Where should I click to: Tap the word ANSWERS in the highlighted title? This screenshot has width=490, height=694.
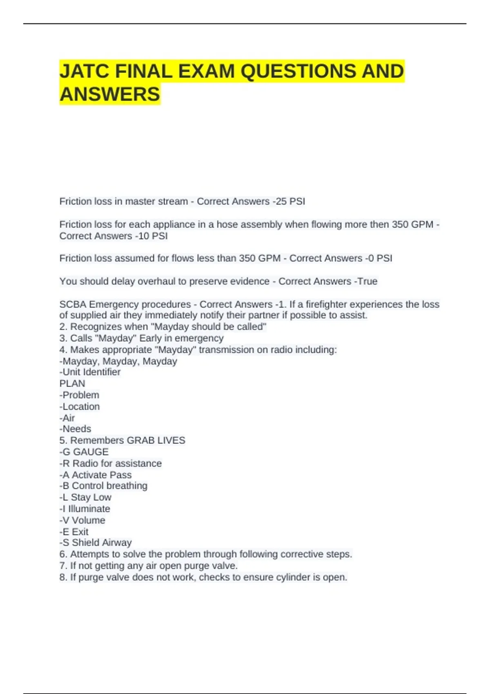110,94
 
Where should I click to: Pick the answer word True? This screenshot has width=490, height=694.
367,281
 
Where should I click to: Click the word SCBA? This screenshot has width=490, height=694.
73,304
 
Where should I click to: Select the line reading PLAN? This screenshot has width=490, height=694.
72,383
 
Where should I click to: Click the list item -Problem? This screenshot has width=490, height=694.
79,395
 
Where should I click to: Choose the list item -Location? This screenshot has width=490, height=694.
80,406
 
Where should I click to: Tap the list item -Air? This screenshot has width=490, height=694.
67,418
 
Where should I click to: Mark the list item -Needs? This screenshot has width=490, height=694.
76,429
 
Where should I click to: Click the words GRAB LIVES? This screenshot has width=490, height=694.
156,440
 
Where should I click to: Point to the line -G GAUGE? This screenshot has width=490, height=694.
84,452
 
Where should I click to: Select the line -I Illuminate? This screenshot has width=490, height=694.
85,509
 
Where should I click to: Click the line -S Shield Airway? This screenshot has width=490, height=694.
96,543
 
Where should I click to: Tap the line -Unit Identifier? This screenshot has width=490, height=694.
90,372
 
